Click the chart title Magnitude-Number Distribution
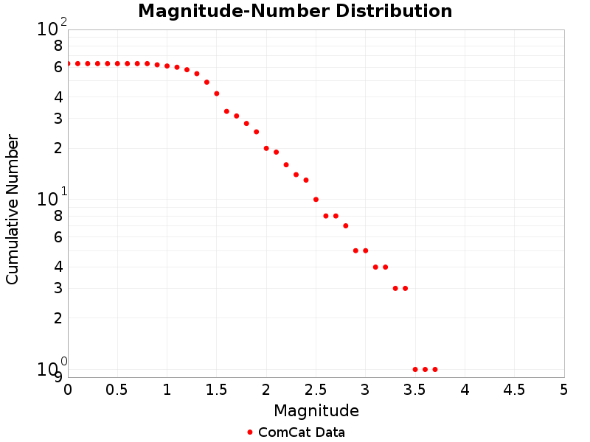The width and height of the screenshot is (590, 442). pos(295,12)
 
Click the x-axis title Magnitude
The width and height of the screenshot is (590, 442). pos(316,411)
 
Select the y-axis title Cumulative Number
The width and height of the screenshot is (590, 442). pos(13,208)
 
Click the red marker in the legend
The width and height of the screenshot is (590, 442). pos(250,432)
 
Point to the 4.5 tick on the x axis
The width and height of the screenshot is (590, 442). pos(514,389)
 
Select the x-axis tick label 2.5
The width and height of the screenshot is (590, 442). pos(316,389)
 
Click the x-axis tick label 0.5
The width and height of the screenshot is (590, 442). pos(117,389)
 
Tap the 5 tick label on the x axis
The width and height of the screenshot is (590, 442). pos(563,389)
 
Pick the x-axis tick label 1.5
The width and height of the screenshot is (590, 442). pos(217,389)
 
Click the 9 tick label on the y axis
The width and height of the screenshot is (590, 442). pos(58,377)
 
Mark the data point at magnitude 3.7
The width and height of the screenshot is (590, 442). pos(435,369)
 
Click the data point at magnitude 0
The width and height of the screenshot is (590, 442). pos(68,63)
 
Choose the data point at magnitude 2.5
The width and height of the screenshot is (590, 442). pos(316,200)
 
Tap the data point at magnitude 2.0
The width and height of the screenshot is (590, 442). pos(266,148)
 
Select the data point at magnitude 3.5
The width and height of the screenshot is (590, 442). pos(415,369)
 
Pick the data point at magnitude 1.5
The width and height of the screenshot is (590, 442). pos(217,94)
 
